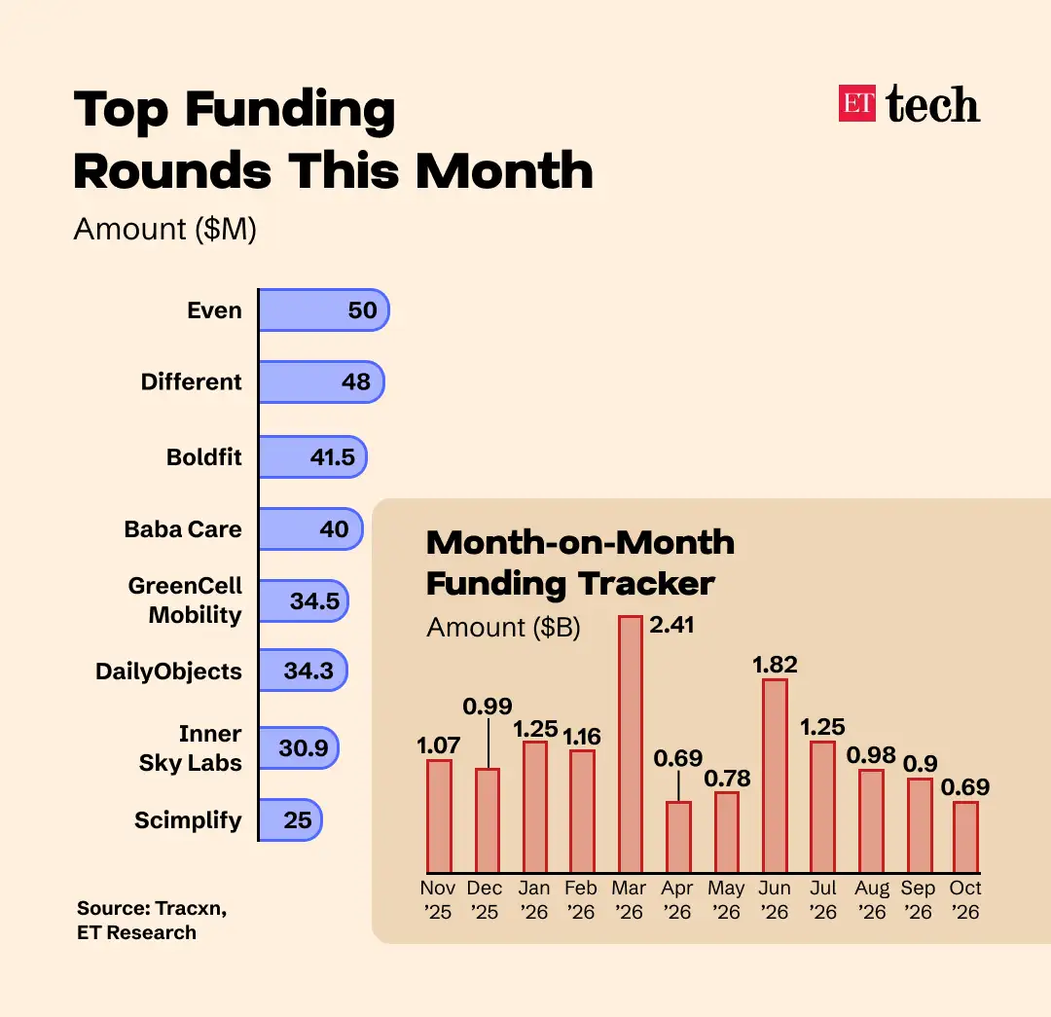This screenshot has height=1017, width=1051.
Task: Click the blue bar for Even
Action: [x=324, y=309]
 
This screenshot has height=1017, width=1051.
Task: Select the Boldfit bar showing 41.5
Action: [x=313, y=456]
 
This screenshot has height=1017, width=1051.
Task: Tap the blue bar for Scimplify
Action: [x=290, y=819]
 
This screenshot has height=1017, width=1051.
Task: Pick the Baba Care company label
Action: [x=183, y=529]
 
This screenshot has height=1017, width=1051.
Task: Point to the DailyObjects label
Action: [x=169, y=672]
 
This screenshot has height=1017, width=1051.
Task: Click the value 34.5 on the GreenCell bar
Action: [x=315, y=600]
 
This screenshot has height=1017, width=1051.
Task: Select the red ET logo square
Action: [x=856, y=103]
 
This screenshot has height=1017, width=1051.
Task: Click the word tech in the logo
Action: [x=933, y=104]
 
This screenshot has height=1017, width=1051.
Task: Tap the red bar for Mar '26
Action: [x=631, y=745]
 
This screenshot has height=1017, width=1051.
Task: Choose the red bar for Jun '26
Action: [x=775, y=776]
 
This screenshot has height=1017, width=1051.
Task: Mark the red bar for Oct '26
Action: [x=966, y=837]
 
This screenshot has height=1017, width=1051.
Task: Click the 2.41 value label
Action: [x=671, y=625]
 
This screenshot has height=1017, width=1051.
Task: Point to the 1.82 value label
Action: [x=775, y=665]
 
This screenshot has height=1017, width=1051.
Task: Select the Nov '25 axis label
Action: [x=438, y=899]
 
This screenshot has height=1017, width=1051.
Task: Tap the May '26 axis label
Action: [x=726, y=899]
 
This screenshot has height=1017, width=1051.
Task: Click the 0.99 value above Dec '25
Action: [x=488, y=706]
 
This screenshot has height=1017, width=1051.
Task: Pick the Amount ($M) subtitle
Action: [x=164, y=230]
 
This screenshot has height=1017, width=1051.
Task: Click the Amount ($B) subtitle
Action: [x=503, y=628]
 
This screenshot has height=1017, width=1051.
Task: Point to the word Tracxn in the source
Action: [x=191, y=908]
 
